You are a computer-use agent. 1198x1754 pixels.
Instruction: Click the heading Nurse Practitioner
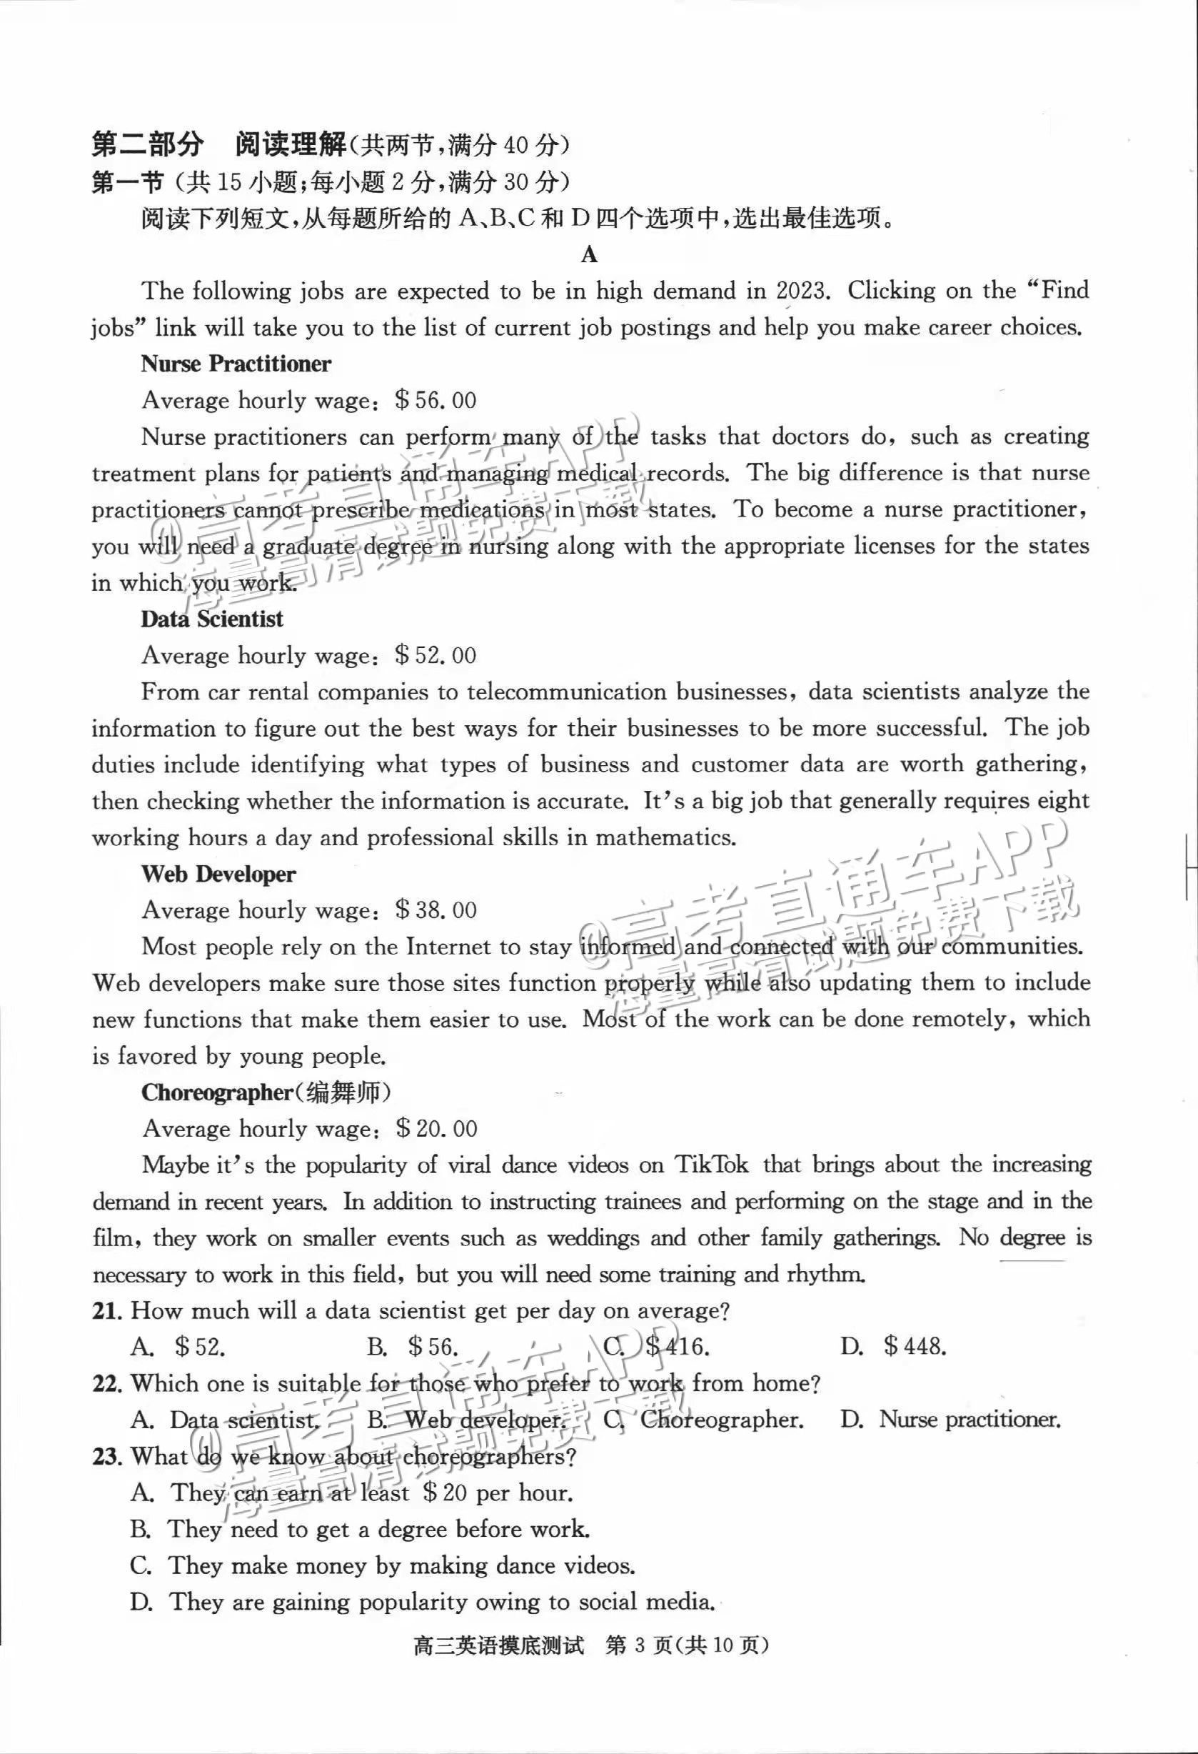point(236,364)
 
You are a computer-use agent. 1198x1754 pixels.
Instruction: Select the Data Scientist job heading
point(212,619)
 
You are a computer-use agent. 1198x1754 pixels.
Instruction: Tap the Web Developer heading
point(218,874)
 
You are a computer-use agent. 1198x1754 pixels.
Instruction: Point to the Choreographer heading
point(216,1092)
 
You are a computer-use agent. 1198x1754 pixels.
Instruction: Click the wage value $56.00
point(436,400)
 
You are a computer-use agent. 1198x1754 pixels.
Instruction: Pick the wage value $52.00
point(436,655)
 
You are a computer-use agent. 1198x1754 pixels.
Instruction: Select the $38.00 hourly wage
point(436,910)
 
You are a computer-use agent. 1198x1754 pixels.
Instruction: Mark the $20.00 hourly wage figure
point(437,1129)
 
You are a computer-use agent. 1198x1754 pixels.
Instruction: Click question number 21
point(107,1311)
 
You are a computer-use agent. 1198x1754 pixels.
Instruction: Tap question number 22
point(107,1383)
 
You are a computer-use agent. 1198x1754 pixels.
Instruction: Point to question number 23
point(107,1457)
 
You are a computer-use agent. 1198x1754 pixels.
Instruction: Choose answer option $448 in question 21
point(915,1347)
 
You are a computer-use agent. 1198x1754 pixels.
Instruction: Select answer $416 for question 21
point(677,1347)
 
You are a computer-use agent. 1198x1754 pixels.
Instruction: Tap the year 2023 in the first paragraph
point(802,291)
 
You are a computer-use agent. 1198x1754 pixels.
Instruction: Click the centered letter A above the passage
point(589,254)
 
